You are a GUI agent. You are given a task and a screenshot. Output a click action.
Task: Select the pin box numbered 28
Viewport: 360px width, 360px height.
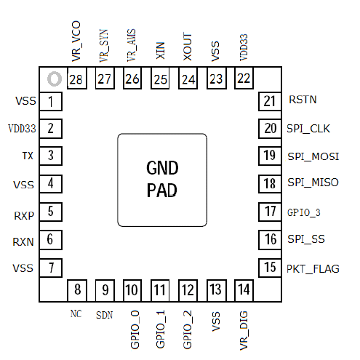coord(77,79)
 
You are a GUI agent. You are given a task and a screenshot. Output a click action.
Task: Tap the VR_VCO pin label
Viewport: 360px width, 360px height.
coord(76,41)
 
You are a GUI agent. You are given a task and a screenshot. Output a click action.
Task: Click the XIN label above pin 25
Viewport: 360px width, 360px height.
coord(160,50)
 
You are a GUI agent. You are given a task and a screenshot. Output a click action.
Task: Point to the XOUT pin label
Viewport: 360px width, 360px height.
coord(188,47)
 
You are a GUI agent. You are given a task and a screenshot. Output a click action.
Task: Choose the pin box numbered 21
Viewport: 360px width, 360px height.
coord(270,101)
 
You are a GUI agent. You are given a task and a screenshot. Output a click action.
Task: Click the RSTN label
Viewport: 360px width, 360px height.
coord(303,100)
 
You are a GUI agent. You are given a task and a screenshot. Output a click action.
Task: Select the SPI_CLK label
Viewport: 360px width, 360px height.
coord(308,129)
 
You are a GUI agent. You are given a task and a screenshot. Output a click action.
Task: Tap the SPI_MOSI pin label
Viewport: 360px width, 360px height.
coord(313,156)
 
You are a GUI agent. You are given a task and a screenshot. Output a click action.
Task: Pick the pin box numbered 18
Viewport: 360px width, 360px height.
coord(270,184)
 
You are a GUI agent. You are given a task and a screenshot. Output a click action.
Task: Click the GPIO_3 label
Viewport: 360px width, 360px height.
coord(303,212)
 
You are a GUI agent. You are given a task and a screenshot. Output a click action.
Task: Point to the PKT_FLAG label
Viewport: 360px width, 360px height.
coord(313,269)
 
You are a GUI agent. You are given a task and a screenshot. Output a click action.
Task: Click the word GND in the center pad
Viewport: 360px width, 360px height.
coord(162,168)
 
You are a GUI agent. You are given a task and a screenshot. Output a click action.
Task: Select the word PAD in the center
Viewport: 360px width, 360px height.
coord(161,191)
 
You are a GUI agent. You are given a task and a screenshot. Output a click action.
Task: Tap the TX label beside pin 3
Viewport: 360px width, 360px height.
coord(28,156)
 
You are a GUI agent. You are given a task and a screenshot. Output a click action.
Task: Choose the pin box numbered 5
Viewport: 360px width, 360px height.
coord(51,212)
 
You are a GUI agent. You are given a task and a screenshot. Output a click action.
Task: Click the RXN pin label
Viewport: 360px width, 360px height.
coord(23,242)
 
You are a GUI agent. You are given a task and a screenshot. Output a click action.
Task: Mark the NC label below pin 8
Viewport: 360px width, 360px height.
coord(76,313)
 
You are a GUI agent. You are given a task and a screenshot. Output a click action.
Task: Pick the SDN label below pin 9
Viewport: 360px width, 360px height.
coord(105,315)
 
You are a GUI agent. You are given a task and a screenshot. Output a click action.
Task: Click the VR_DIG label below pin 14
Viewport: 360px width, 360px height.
coord(244,330)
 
